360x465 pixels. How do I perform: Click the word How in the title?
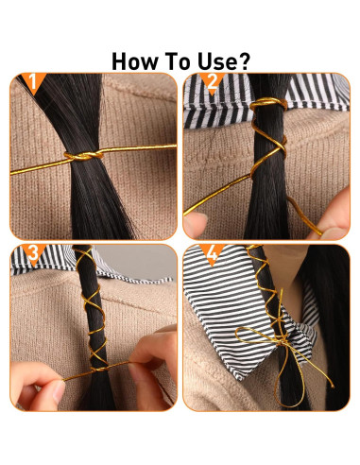click(x=139, y=61)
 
